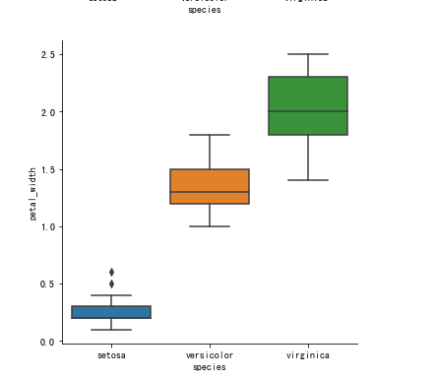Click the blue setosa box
pos(111,312)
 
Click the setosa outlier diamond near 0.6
pos(111,272)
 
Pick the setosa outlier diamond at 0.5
pos(111,284)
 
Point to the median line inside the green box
pos(308,111)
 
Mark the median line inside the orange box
pos(210,192)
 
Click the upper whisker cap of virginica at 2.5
pos(308,54)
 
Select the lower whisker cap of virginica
pos(308,180)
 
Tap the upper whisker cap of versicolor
pos(210,135)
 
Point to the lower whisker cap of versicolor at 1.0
pos(210,226)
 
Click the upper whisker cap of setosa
pos(111,295)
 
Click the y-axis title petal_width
pos(33,193)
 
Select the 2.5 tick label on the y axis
pos(47,55)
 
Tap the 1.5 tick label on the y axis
pos(47,169)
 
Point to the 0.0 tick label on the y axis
pos(47,342)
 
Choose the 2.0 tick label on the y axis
pos(47,112)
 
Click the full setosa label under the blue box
pos(111,354)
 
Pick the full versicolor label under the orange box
pos(210,354)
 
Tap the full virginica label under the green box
pos(308,354)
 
